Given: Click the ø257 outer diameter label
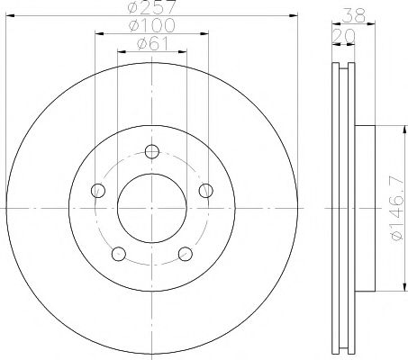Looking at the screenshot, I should (x=151, y=9).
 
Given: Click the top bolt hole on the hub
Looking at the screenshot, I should (x=151, y=150).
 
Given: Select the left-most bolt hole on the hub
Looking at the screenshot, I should (x=97, y=190).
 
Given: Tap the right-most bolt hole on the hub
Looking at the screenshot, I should (x=205, y=190).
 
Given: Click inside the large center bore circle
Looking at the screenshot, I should (x=151, y=207).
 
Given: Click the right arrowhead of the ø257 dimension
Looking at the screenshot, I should (x=293, y=16).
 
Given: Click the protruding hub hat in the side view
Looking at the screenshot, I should (x=365, y=207).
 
